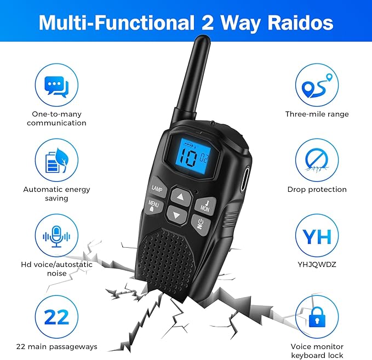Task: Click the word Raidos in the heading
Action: coord(300,22)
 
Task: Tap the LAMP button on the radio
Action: coord(158,187)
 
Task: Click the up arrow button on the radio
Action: coord(181,197)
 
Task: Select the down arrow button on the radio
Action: coord(177,215)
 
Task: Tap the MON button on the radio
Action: coord(205,205)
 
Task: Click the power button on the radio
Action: coord(201,225)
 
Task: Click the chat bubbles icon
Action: coord(56,86)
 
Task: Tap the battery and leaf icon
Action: coord(56,161)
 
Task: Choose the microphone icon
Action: coord(56,236)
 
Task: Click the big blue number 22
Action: coord(56,317)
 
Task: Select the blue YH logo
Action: coord(317,236)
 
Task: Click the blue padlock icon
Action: coord(317,317)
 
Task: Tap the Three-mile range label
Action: coord(317,114)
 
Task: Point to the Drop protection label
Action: coord(317,190)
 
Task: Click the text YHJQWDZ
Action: coord(317,264)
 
